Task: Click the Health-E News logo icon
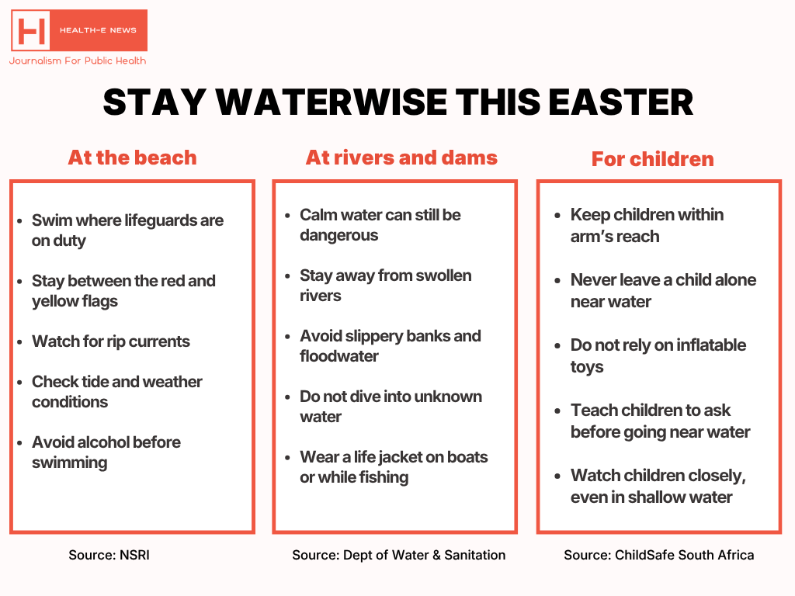31,31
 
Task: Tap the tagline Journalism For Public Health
78,61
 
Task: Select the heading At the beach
132,158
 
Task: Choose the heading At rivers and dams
401,158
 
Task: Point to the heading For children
652,159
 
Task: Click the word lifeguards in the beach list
161,220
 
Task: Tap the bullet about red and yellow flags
123,290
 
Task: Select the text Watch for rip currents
111,341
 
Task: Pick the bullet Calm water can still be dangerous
380,224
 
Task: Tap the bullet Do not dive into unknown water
391,406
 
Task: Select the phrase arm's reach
614,237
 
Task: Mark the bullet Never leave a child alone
662,289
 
